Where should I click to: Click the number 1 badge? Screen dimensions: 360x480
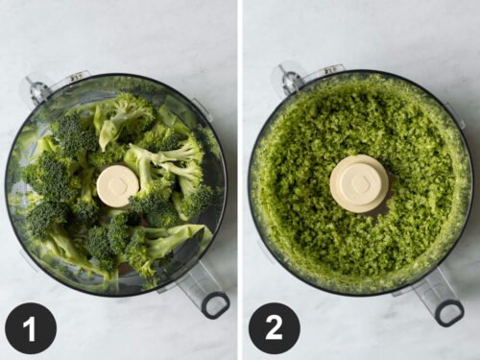(30, 328)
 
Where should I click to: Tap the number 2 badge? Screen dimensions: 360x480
(275, 328)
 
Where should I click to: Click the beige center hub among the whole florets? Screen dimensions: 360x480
(118, 185)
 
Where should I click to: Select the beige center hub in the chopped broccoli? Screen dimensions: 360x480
(359, 182)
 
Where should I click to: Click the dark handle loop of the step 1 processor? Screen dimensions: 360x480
(215, 304)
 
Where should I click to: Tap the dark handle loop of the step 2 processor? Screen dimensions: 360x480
(449, 312)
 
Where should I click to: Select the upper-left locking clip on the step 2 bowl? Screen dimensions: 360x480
(287, 79)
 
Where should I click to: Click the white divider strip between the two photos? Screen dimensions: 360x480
(240, 180)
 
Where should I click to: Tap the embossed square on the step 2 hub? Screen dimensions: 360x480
(360, 179)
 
